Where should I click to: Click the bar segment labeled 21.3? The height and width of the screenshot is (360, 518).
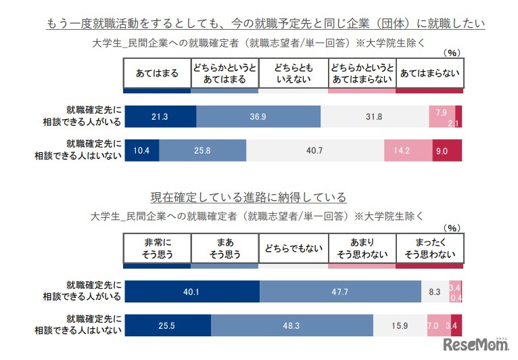[160, 117]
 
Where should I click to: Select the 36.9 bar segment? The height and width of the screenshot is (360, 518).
[258, 117]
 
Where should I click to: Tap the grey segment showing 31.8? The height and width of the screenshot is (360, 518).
[374, 117]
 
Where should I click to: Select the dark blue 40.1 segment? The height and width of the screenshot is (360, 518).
[192, 292]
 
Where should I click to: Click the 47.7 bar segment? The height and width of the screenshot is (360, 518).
[340, 292]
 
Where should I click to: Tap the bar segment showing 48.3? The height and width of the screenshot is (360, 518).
[291, 325]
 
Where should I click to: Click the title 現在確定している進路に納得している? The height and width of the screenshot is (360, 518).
[248, 198]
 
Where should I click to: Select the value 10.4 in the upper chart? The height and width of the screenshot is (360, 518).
[142, 150]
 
